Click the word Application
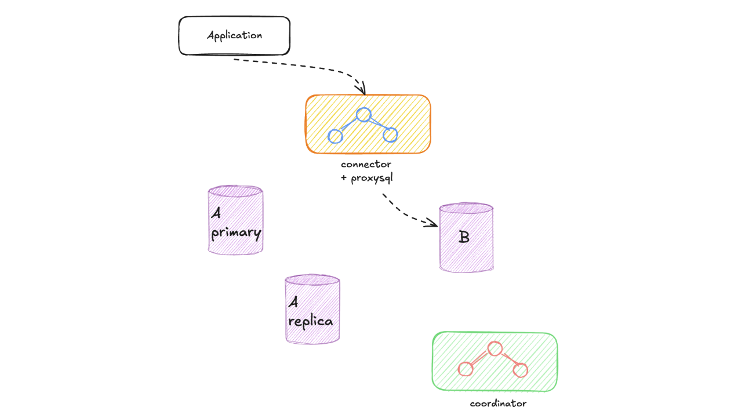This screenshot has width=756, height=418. coord(234,35)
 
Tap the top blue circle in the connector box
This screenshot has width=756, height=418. coord(364,115)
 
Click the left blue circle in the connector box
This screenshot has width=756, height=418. coord(336,136)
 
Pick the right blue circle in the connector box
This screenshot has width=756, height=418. coord(390,135)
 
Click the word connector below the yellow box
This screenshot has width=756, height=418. coord(366,165)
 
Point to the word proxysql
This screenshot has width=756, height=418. coord(372,178)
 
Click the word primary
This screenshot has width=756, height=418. coord(237,234)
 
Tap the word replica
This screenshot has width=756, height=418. coord(311,321)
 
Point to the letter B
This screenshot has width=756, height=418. coord(464,237)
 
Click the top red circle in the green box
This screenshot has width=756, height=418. coord(495,348)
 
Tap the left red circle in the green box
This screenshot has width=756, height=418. coord(466,369)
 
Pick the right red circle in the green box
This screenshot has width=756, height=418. coord(520,369)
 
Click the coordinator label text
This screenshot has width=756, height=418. coord(498,404)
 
